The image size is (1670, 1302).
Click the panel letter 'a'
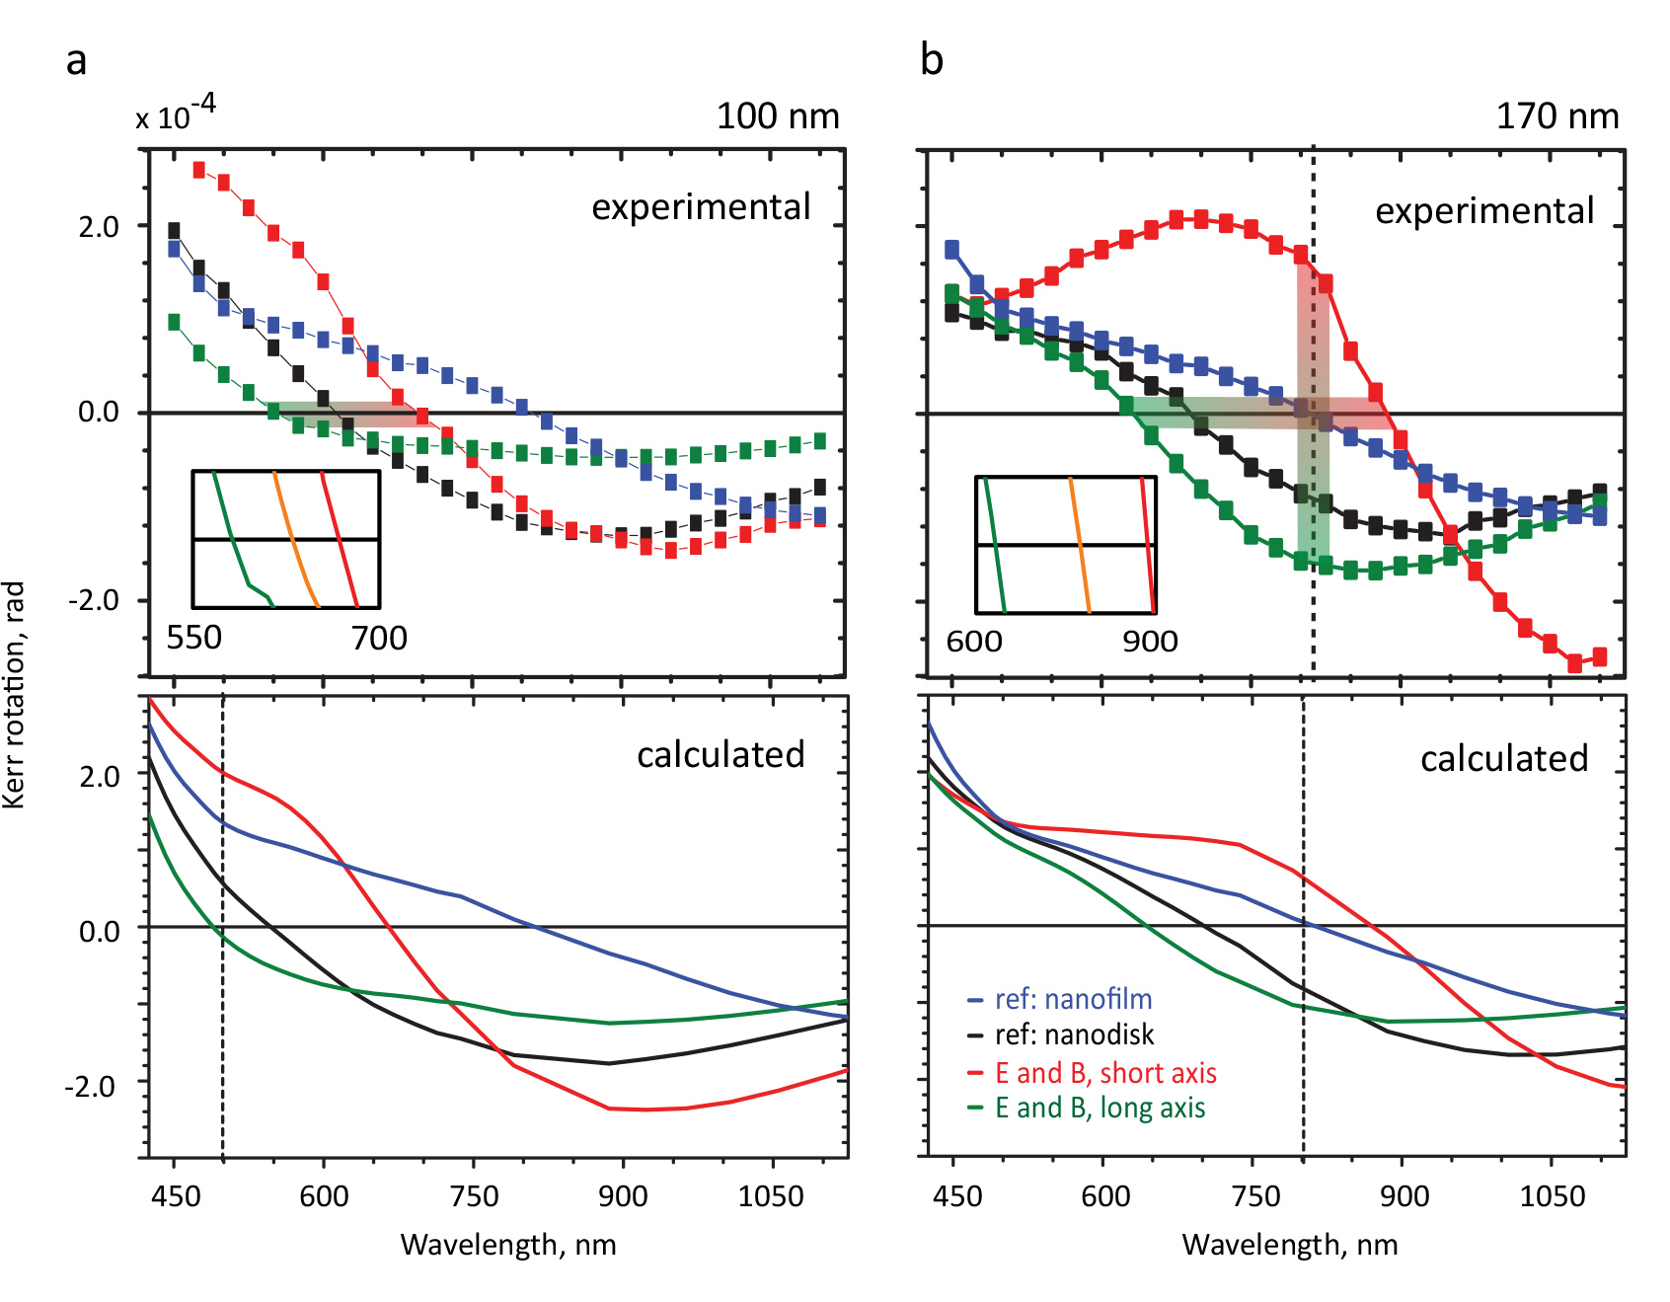point(76,61)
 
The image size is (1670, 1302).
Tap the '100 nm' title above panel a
point(777,116)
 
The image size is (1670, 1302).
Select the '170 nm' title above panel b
point(1556,116)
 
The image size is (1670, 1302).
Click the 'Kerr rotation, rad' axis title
point(14,695)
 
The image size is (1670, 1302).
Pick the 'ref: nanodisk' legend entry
point(1073,1034)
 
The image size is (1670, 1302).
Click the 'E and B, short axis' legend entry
point(1104,1073)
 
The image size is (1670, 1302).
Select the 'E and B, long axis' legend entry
point(1099,1108)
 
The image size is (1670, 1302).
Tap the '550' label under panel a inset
point(193,638)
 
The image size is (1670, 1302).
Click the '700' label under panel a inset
point(379,638)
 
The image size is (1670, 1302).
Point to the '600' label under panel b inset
point(973,642)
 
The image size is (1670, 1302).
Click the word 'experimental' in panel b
point(1483,210)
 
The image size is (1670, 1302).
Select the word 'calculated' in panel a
point(721,754)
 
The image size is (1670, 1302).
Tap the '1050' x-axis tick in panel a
point(771,1196)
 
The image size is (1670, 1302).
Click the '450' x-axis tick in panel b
point(956,1196)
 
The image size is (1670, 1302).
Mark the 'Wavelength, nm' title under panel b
point(1289,1244)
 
